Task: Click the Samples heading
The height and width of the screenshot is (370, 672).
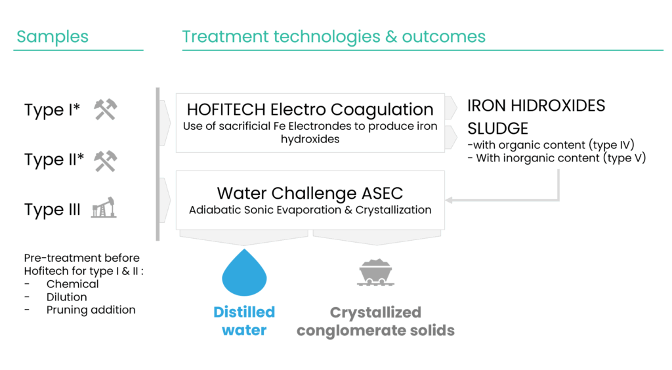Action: tap(52, 37)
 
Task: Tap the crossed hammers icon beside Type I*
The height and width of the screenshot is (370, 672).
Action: tap(106, 110)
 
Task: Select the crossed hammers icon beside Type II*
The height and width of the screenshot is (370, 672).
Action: tap(106, 161)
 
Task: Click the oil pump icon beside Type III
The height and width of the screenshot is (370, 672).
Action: tap(104, 208)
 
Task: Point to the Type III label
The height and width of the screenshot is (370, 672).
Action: tap(52, 210)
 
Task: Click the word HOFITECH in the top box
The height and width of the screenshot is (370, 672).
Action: tap(226, 110)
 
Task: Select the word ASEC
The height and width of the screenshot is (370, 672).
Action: tap(383, 193)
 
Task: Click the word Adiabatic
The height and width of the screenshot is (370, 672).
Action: tap(213, 210)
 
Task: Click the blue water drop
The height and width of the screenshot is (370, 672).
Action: tap(244, 273)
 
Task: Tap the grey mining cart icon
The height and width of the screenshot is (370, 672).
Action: tap(376, 272)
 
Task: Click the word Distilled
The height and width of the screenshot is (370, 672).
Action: tap(244, 312)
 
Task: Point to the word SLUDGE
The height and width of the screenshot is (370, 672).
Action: tap(497, 129)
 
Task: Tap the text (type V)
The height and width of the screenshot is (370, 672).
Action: tap(625, 158)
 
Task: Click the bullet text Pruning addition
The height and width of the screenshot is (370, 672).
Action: tap(91, 310)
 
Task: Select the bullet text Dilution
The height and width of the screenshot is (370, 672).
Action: tap(66, 297)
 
